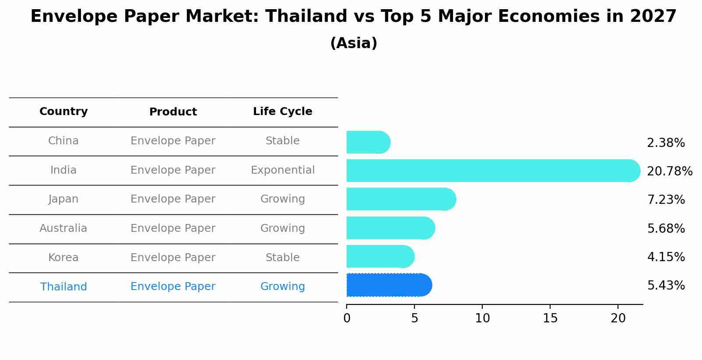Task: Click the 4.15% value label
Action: tap(666, 257)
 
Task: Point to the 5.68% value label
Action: tap(666, 228)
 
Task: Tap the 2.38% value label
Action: tap(666, 143)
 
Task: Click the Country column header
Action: tap(63, 112)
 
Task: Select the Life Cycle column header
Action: tap(282, 112)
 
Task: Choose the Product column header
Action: tap(173, 112)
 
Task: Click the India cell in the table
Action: tap(63, 170)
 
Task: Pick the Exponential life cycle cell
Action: tap(282, 170)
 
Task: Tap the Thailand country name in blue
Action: tap(63, 287)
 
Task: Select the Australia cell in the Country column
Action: tap(63, 228)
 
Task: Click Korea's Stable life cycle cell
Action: tap(282, 258)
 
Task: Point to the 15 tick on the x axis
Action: tap(550, 318)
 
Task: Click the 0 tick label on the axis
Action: tap(347, 318)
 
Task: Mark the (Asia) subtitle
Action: tap(354, 43)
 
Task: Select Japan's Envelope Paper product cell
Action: tap(173, 199)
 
